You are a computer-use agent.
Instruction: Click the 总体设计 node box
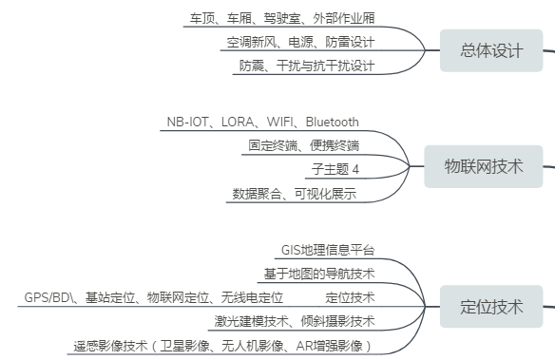point(491,50)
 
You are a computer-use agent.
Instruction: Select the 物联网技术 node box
point(484,167)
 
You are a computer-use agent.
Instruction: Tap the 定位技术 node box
point(491,307)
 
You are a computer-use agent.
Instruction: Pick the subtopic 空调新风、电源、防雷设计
point(300,43)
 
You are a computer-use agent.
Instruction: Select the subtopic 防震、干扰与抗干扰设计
point(306,66)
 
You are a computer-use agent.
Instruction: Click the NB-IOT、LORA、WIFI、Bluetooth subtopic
point(262,122)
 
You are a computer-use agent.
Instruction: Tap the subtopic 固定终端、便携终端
point(303,145)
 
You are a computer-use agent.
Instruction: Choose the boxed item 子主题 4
point(335,170)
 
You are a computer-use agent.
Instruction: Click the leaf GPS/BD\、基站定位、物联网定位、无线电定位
point(154,297)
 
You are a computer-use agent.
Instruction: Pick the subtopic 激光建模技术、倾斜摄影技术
point(294,321)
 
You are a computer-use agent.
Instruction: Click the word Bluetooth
point(332,122)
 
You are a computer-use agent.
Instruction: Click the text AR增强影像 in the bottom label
point(334,346)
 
